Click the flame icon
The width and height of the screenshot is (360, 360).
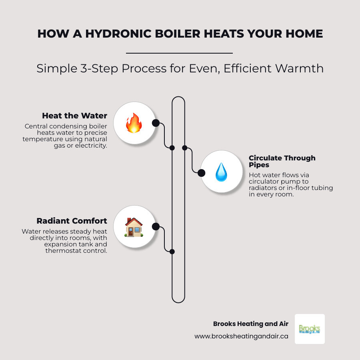pos(134,122)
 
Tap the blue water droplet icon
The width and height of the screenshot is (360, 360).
pos(221,172)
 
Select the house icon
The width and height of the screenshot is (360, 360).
pos(134,227)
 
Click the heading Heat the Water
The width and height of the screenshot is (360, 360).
pos(74,116)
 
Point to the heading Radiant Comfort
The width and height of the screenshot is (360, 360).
pos(72,221)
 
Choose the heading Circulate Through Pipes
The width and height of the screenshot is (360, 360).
pos(282,162)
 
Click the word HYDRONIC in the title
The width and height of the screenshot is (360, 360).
pos(114,34)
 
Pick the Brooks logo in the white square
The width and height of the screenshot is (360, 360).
pos(310,329)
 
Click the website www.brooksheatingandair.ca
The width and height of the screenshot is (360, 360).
pos(241,336)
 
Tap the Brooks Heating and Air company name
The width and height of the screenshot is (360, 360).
pos(250,324)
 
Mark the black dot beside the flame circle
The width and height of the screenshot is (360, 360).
pos(156,123)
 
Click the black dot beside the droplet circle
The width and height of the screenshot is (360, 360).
pos(202,173)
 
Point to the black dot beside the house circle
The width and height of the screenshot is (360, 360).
pos(156,227)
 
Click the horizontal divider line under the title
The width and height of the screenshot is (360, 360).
pos(179,53)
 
